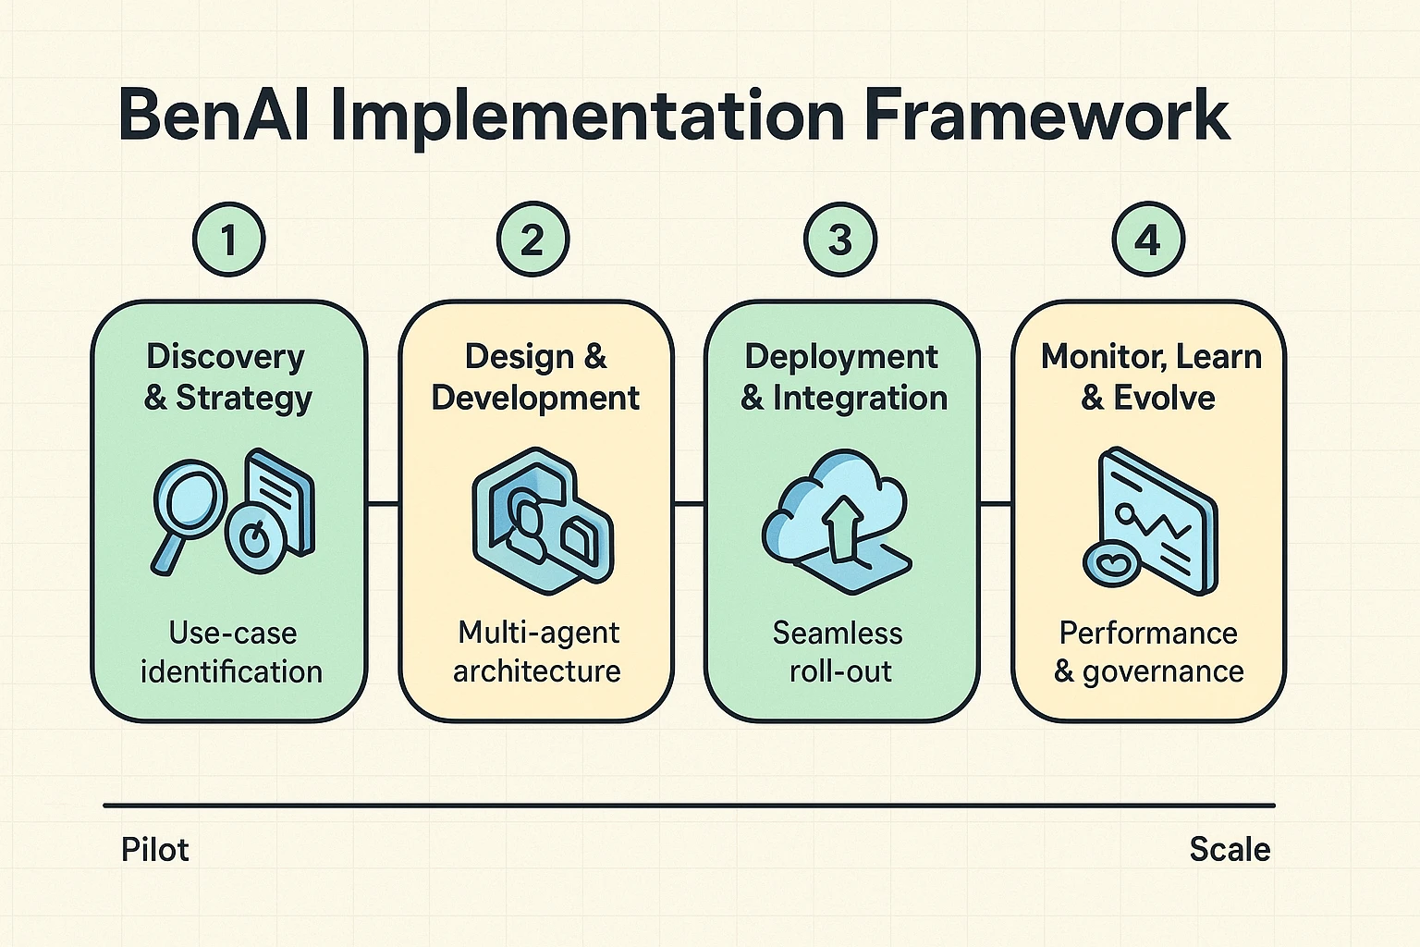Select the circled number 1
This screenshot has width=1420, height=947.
[228, 240]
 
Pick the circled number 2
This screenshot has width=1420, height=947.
[533, 240]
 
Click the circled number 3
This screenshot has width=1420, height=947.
[840, 240]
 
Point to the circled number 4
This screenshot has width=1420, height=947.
[1147, 240]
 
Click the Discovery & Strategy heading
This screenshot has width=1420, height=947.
[227, 376]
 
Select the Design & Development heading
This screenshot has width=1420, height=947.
[535, 376]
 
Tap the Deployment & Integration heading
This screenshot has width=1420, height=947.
[843, 376]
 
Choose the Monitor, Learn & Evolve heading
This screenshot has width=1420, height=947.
[1150, 376]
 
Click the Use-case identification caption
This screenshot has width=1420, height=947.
[231, 652]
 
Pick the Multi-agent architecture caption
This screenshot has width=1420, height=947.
[537, 652]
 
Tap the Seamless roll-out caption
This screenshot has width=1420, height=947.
[838, 652]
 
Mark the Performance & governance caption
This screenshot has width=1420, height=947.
[1148, 652]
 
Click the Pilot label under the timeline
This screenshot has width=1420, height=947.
[154, 849]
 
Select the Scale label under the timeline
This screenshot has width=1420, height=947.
[1229, 849]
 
